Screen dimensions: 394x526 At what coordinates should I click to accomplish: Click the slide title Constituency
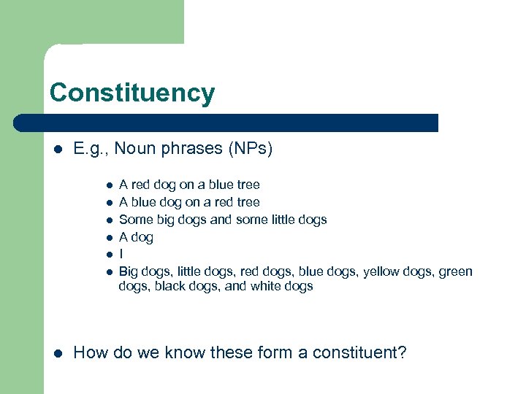pos(132,93)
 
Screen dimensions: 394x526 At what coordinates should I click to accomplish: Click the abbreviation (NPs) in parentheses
pos(249,149)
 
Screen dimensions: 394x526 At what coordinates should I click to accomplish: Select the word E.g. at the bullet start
pos(91,149)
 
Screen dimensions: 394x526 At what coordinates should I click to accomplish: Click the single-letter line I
pos(121,255)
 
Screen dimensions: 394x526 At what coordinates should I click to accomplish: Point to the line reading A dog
pos(136,237)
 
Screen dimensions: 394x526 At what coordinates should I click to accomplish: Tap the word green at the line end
pos(456,272)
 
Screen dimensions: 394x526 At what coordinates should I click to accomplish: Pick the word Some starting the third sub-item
pos(134,220)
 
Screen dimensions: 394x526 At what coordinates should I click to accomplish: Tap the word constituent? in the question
pos(359,353)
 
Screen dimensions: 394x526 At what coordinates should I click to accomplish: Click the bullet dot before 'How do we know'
pos(58,354)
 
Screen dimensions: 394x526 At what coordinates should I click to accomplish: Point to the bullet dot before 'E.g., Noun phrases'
pos(58,150)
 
